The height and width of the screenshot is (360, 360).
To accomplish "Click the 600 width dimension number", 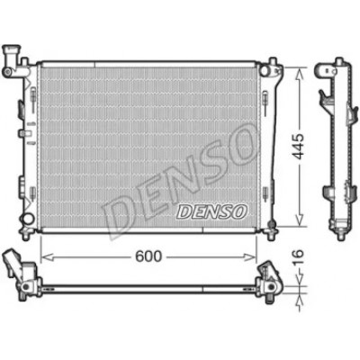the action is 148,256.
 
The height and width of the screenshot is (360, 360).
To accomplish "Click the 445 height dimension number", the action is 299,147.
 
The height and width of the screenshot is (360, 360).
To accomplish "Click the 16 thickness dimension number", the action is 298,258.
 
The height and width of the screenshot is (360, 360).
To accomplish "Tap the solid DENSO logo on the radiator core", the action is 211,211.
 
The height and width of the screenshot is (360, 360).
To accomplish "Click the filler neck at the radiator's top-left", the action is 12,60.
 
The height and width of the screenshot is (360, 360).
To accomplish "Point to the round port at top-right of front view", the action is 265,71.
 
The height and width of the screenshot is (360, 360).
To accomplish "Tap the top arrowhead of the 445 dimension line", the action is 300,74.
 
